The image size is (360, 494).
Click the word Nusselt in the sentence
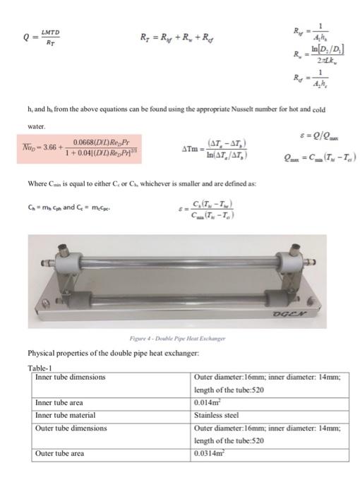tap(236, 110)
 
